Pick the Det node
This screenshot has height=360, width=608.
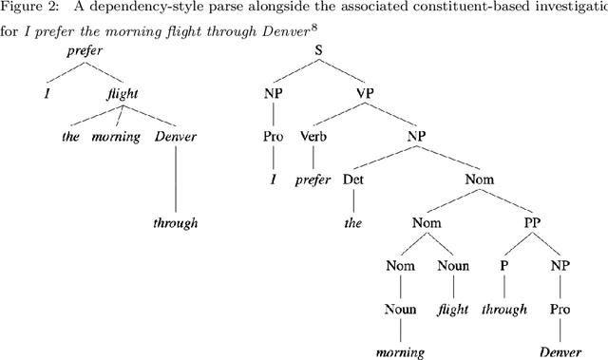(x=352, y=178)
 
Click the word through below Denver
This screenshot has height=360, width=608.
(x=177, y=224)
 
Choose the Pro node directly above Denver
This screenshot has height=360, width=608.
(x=559, y=308)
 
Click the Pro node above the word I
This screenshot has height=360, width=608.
(x=273, y=136)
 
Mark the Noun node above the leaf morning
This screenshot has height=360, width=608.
(x=400, y=308)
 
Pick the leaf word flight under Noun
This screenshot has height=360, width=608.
(x=454, y=308)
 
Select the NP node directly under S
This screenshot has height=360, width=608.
(x=273, y=94)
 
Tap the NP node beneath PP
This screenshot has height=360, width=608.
(x=559, y=266)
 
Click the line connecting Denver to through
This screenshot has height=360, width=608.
(x=177, y=180)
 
